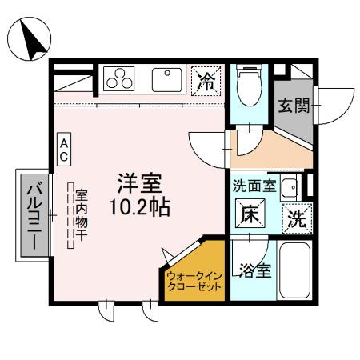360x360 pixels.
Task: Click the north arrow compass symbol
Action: [30, 39]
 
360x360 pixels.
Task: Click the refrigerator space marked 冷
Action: [206, 80]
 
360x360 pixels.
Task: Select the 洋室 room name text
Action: [140, 183]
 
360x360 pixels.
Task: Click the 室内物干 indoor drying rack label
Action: [82, 216]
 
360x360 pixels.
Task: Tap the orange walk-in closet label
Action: [194, 282]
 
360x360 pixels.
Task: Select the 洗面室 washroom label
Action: [254, 187]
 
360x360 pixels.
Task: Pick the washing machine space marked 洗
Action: [295, 218]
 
